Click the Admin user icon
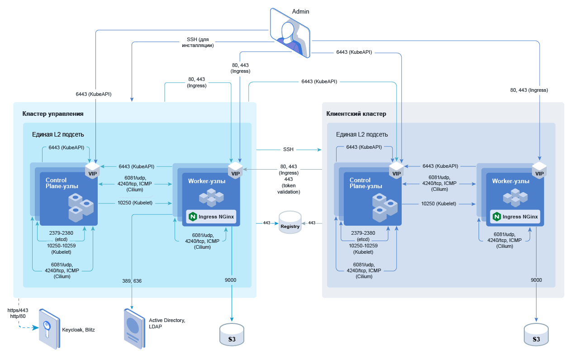pyautogui.click(x=290, y=34)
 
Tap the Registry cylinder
pyautogui.click(x=290, y=223)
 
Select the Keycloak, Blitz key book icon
pyautogui.click(x=48, y=329)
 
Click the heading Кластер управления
pyautogui.click(x=53, y=114)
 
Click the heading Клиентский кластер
pyautogui.click(x=356, y=114)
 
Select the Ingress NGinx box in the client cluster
pyautogui.click(x=516, y=217)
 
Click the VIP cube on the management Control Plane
pyautogui.click(x=92, y=171)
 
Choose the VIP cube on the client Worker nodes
pyautogui.click(x=539, y=171)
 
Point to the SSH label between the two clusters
pyautogui.click(x=288, y=149)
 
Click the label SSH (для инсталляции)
pyautogui.click(x=198, y=43)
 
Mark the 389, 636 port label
pyautogui.click(x=132, y=281)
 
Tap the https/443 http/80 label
pyautogui.click(x=18, y=313)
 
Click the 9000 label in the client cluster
pyautogui.click(x=536, y=280)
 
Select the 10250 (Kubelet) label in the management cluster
pyautogui.click(x=134, y=203)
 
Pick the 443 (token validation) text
pyautogui.click(x=289, y=185)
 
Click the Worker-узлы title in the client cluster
pyautogui.click(x=511, y=181)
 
